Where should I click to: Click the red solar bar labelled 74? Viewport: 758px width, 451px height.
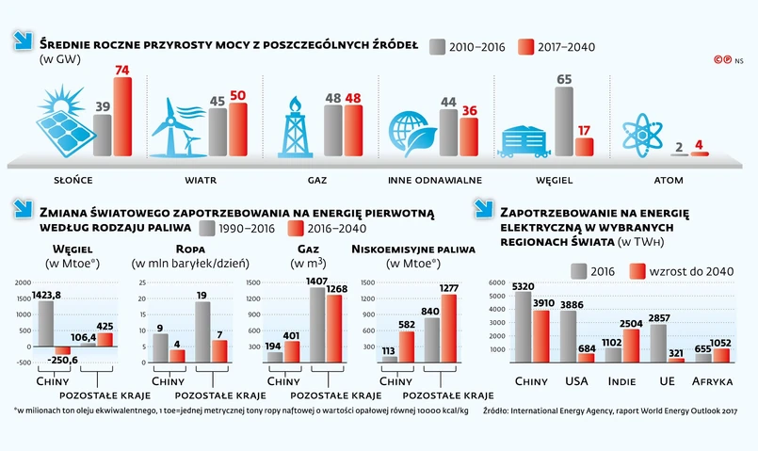click(x=122, y=118)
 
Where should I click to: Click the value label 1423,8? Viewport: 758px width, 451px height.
click(x=45, y=294)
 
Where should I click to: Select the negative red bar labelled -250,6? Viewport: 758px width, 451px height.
click(x=62, y=350)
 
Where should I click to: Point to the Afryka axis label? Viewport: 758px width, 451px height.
click(x=716, y=382)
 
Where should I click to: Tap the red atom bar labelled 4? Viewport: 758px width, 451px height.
click(x=698, y=153)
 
